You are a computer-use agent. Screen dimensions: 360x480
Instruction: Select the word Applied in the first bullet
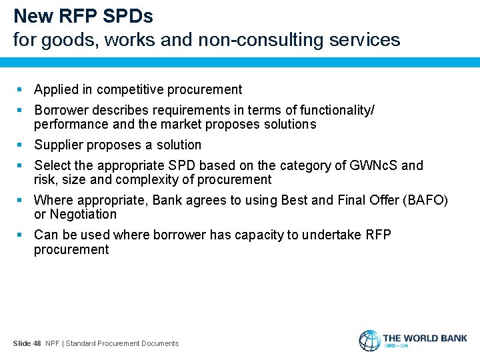(57, 89)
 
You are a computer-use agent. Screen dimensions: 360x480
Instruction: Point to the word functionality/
(337, 110)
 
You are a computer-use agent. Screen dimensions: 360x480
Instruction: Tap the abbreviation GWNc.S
(374, 165)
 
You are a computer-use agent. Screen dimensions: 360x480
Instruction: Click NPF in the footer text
(53, 343)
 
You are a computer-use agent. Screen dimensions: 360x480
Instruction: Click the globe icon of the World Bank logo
(369, 340)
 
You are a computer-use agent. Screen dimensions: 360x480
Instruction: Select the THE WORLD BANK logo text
(425, 338)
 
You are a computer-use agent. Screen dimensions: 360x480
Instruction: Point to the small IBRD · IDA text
(397, 347)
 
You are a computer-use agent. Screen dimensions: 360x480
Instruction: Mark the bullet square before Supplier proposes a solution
(20, 145)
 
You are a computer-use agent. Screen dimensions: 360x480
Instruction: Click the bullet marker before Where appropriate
(20, 200)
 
